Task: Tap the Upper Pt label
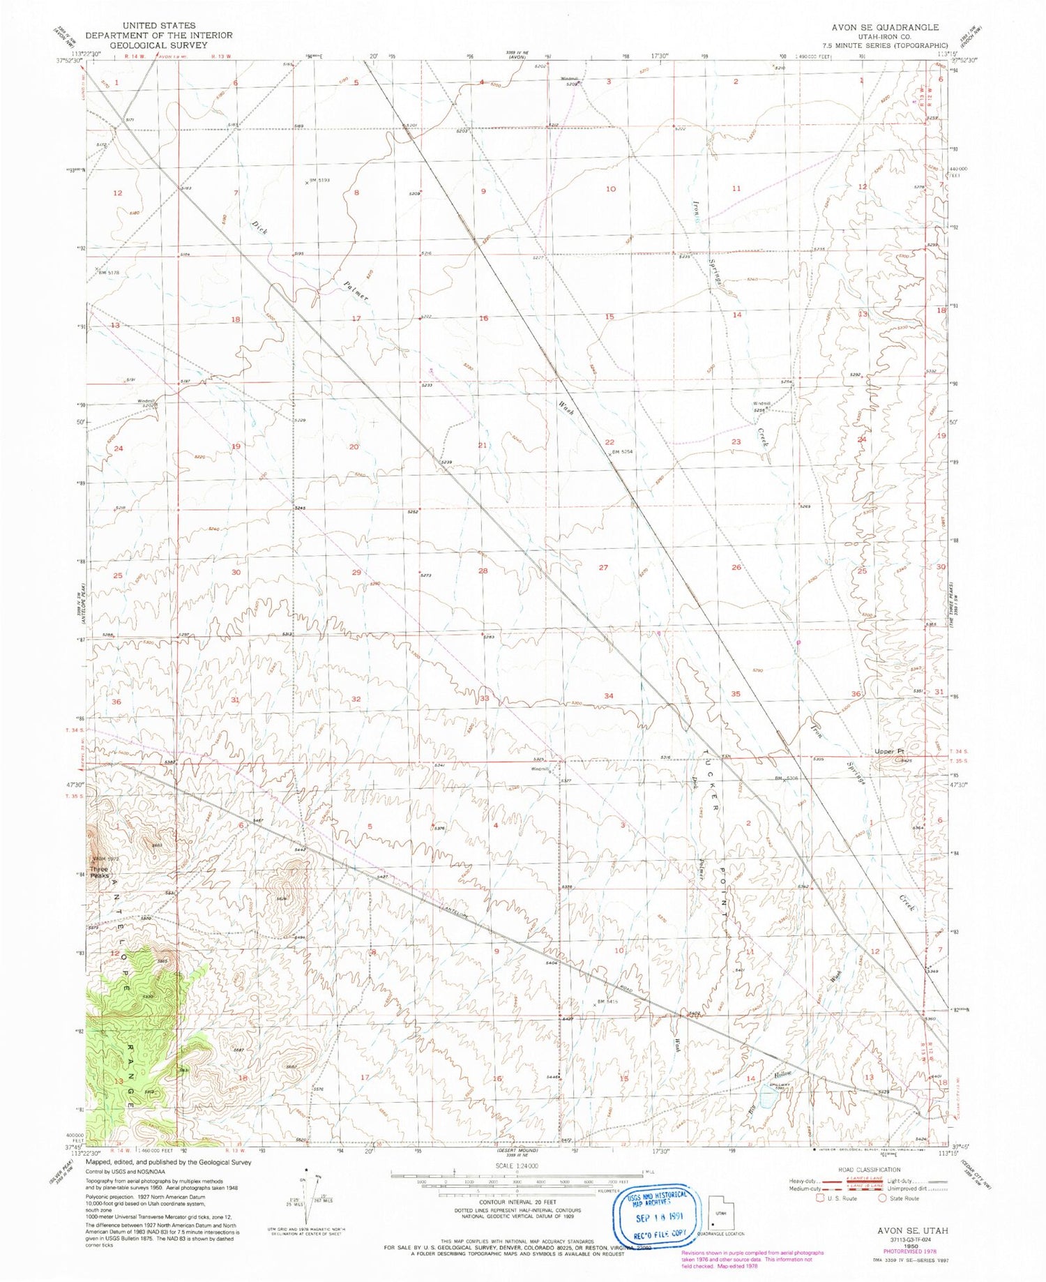tap(889, 751)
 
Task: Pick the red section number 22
tap(609, 442)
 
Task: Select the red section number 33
tap(484, 697)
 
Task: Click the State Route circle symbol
tap(882, 1198)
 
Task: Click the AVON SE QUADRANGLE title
tap(885, 27)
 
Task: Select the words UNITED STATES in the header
tap(158, 26)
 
